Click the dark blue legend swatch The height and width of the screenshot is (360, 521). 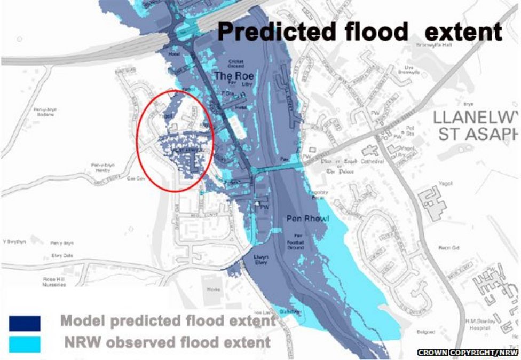(25, 323)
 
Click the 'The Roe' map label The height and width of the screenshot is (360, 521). (234, 76)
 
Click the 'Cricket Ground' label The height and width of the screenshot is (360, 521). (236, 64)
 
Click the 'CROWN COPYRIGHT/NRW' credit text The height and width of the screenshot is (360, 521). (467, 353)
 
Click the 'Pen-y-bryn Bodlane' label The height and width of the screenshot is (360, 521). (44, 113)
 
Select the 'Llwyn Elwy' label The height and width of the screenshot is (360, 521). (262, 260)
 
